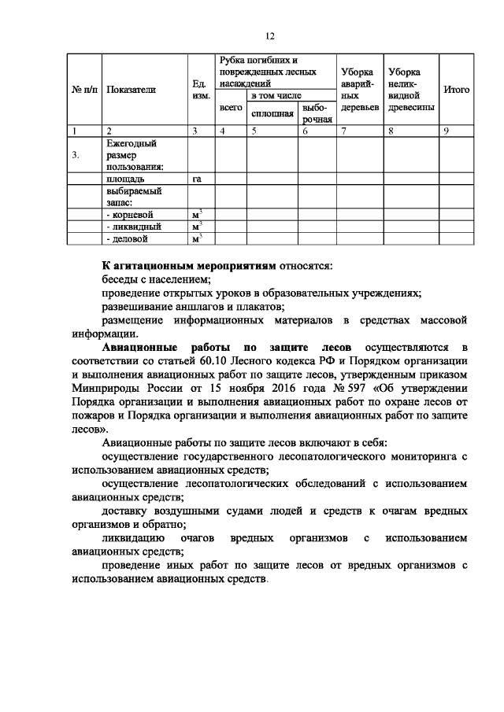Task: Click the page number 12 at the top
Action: pyautogui.click(x=269, y=36)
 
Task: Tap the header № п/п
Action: pyautogui.click(x=83, y=90)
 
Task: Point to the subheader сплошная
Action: pyautogui.click(x=272, y=113)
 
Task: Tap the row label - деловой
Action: pyautogui.click(x=127, y=238)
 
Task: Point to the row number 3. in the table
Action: pyautogui.click(x=76, y=155)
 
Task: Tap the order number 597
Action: pyautogui.click(x=349, y=388)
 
